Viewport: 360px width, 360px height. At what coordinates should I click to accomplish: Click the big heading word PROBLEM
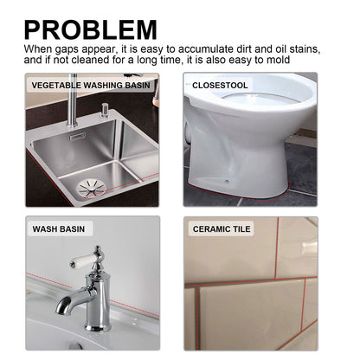pyautogui.click(x=91, y=29)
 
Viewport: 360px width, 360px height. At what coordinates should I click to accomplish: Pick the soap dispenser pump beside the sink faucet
pyautogui.click(x=104, y=112)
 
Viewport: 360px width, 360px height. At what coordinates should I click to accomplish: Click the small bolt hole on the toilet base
pyautogui.click(x=227, y=180)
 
